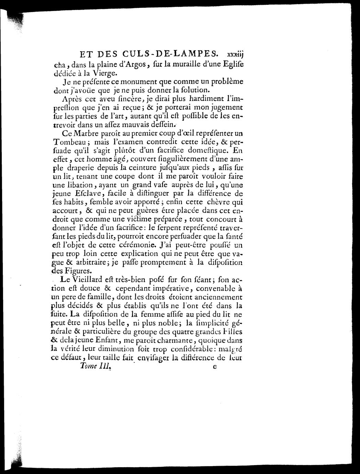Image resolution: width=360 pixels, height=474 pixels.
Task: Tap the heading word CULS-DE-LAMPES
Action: (x=170, y=54)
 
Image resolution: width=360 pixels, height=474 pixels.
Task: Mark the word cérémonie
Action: (x=136, y=246)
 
